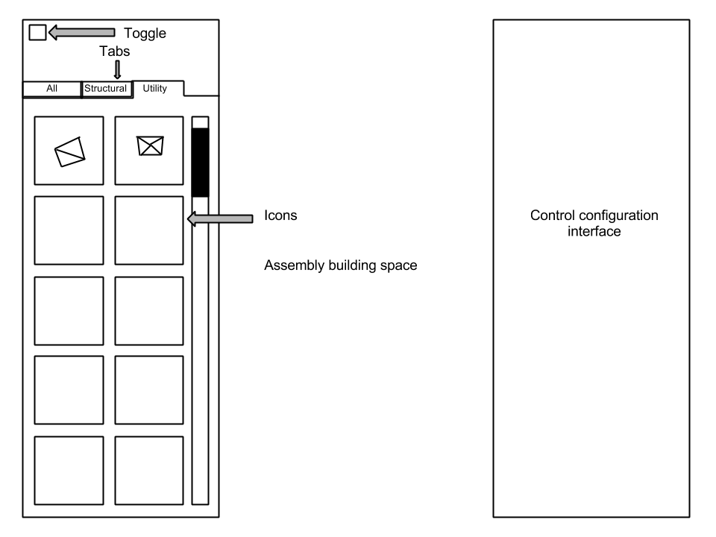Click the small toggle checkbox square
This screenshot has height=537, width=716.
pyautogui.click(x=37, y=32)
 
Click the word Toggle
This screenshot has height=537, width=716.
pyautogui.click(x=144, y=33)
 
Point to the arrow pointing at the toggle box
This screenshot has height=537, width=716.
pyautogui.click(x=82, y=32)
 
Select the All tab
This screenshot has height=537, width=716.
pyautogui.click(x=51, y=89)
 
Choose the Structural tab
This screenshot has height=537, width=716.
pyautogui.click(x=106, y=89)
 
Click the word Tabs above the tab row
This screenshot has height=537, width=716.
pyautogui.click(x=116, y=51)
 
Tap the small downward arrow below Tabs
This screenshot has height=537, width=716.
pyautogui.click(x=117, y=70)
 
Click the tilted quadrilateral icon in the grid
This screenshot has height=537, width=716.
pyautogui.click(x=69, y=151)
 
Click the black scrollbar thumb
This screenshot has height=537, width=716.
pyautogui.click(x=200, y=162)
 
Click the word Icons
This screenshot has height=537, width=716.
pyautogui.click(x=281, y=216)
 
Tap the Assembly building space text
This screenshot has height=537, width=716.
pyautogui.click(x=340, y=265)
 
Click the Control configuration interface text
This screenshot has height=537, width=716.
pyautogui.click(x=594, y=223)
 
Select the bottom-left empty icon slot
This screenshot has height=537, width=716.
pyautogui.click(x=69, y=471)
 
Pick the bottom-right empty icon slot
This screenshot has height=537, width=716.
pyautogui.click(x=149, y=471)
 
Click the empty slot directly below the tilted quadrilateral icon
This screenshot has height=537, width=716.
pyautogui.click(x=69, y=230)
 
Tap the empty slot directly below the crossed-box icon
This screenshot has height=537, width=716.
pyautogui.click(x=149, y=230)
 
